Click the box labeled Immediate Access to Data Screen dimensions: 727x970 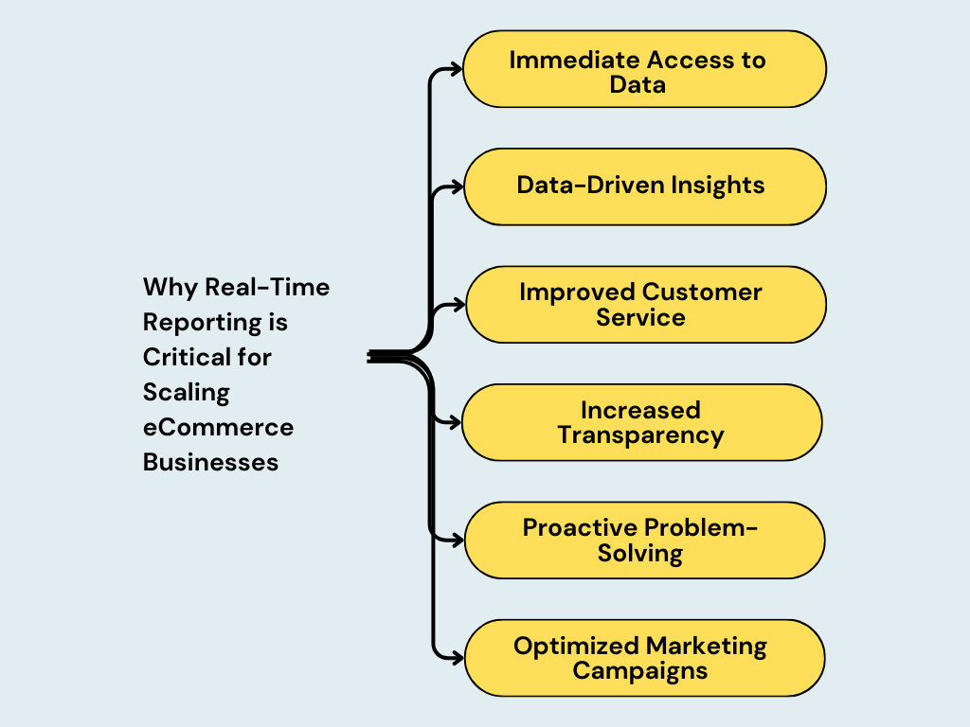click(644, 69)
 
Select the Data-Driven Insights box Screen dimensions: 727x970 click(644, 186)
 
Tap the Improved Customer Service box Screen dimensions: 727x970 click(644, 304)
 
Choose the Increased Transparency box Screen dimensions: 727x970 click(641, 422)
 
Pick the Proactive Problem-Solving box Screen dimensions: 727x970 click(644, 540)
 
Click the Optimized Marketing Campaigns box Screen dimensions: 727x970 click(644, 658)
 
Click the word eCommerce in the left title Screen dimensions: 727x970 click(218, 427)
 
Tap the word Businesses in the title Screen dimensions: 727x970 click(210, 462)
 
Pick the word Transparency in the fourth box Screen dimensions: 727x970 click(640, 435)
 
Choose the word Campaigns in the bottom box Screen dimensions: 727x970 click(640, 671)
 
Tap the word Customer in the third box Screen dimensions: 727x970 click(702, 292)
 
